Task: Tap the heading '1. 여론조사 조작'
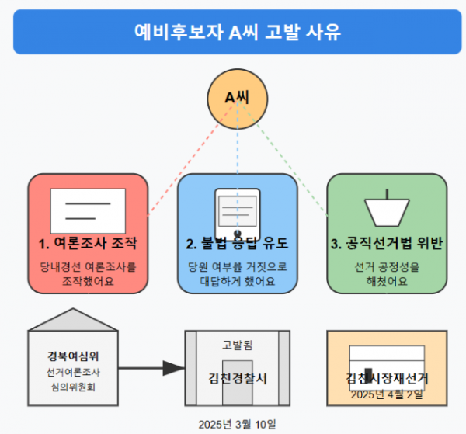pyautogui.click(x=88, y=244)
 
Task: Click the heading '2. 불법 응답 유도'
pyautogui.click(x=237, y=244)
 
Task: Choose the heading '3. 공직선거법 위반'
pyautogui.click(x=386, y=244)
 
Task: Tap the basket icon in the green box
pyautogui.click(x=386, y=206)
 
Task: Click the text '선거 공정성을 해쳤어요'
pyautogui.click(x=386, y=274)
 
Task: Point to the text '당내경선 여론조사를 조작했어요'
pyautogui.click(x=88, y=274)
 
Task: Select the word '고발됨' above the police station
pyautogui.click(x=237, y=344)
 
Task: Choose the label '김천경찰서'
pyautogui.click(x=238, y=378)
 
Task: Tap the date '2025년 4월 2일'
pyautogui.click(x=386, y=394)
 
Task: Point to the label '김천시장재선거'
pyautogui.click(x=386, y=379)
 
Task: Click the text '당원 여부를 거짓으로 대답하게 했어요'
pyautogui.click(x=237, y=274)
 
